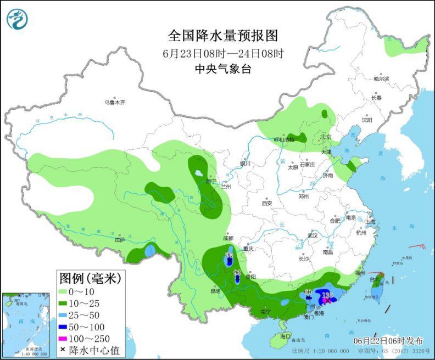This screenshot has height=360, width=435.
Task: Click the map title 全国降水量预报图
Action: pyautogui.click(x=223, y=36)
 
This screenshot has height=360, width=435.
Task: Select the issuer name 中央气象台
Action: pyautogui.click(x=223, y=69)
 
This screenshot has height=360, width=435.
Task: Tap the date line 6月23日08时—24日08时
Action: pyautogui.click(x=223, y=53)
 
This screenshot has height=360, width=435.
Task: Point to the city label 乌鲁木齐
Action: pyautogui.click(x=115, y=103)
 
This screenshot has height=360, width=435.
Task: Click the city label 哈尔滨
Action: pyautogui.click(x=381, y=79)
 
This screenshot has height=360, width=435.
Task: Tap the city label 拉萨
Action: pyautogui.click(x=120, y=239)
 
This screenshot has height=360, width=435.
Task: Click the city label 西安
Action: pyautogui.click(x=267, y=203)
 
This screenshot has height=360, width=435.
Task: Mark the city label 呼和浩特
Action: pyautogui.click(x=285, y=139)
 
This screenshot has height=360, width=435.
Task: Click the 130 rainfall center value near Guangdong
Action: pyautogui.click(x=327, y=295)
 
